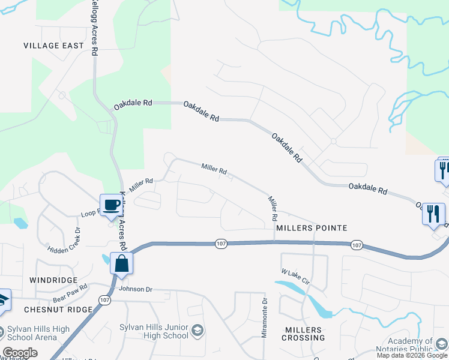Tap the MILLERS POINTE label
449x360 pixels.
point(312,228)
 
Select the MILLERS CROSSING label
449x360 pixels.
point(304,334)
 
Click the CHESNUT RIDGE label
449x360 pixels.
point(58,310)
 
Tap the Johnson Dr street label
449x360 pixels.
point(136,289)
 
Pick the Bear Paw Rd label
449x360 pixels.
point(70,293)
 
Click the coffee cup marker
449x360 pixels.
point(111,205)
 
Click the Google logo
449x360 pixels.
point(20,353)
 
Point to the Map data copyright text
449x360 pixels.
point(412,355)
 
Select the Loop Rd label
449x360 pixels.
point(90,214)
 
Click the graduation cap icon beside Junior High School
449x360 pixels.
point(197,331)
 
